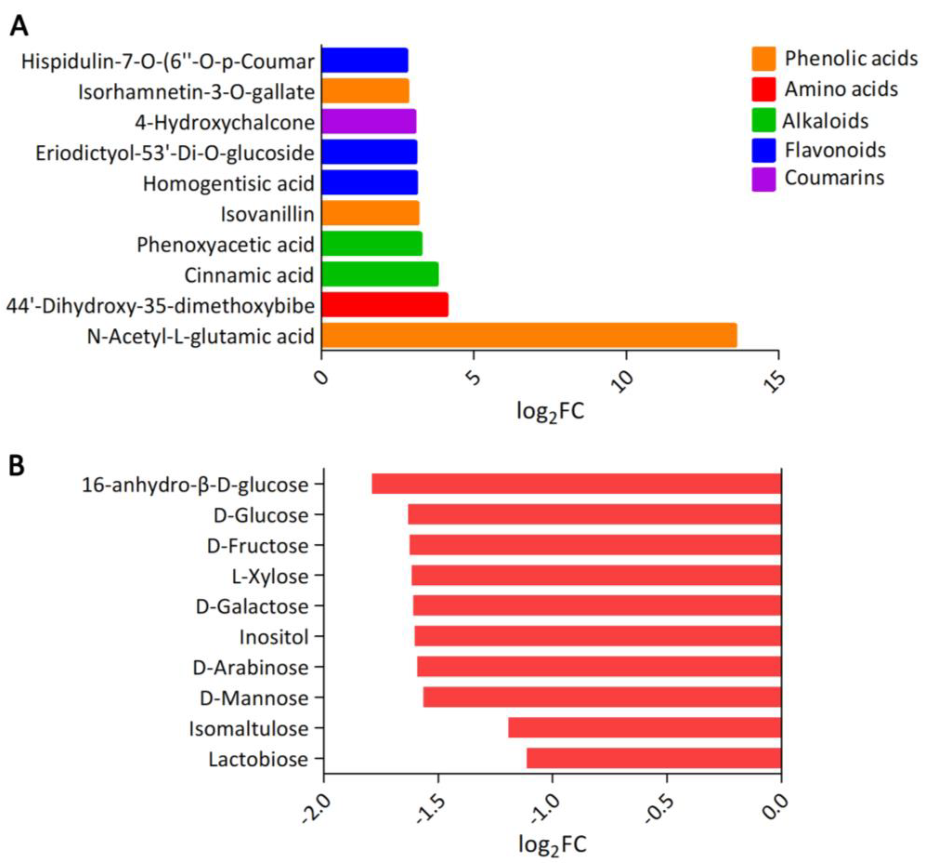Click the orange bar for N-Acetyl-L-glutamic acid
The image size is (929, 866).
pyautogui.click(x=529, y=335)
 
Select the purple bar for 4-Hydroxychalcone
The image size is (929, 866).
pyautogui.click(x=368, y=122)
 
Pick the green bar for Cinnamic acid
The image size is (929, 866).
pyautogui.click(x=379, y=274)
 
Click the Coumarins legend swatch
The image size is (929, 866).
pyautogui.click(x=763, y=179)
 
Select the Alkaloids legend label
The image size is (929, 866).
pyautogui.click(x=825, y=121)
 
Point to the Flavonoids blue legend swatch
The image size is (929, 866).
pyautogui.click(x=763, y=150)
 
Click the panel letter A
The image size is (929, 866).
pyautogui.click(x=19, y=26)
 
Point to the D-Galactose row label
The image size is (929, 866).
pyautogui.click(x=252, y=607)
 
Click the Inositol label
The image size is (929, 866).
pyautogui.click(x=274, y=637)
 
